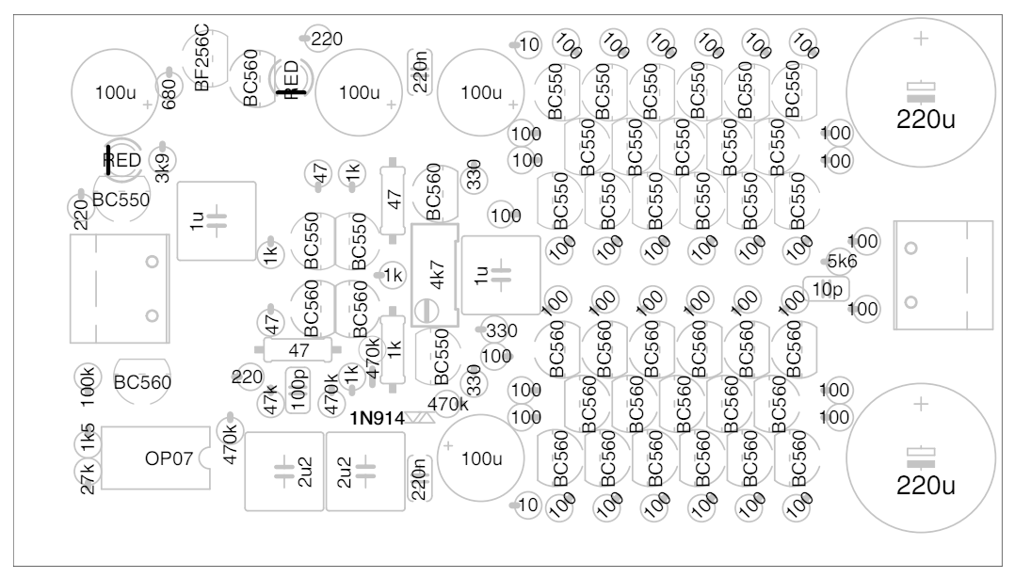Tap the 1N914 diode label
(374, 416)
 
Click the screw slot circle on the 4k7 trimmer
(428, 309)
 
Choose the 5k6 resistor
(840, 261)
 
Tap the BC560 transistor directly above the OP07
(141, 379)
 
